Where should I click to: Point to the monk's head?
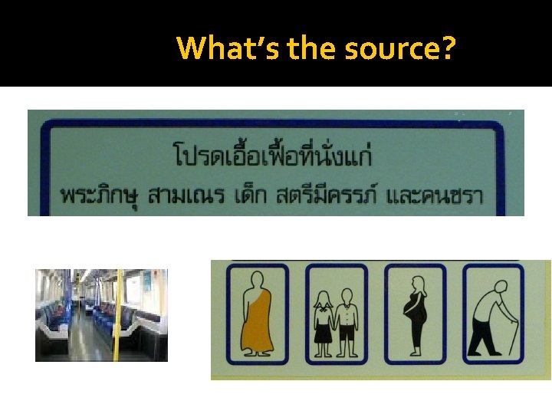click(258, 281)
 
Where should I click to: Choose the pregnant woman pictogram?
click(415, 314)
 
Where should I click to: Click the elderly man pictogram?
click(492, 314)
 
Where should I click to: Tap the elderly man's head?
click(499, 282)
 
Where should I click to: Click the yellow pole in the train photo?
click(117, 314)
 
